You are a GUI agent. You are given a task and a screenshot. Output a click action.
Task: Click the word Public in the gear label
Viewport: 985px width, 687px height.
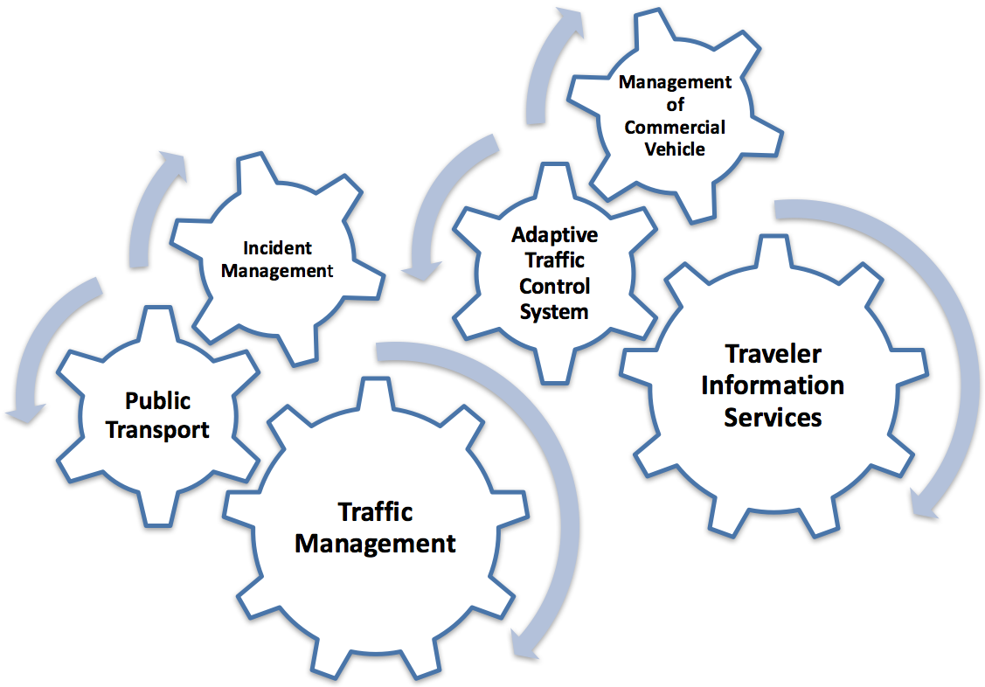point(157,401)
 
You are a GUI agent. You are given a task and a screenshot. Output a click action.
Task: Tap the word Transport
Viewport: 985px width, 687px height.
point(157,429)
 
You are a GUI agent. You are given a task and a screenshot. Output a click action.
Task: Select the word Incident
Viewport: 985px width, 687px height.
point(277,248)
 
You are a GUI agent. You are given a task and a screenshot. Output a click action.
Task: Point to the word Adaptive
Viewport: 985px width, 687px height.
point(554,234)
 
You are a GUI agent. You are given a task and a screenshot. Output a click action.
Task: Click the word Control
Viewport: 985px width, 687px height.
point(554,286)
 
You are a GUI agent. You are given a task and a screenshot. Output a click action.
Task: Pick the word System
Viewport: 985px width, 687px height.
point(554,311)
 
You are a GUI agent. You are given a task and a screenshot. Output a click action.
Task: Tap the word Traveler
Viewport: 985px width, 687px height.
point(773,353)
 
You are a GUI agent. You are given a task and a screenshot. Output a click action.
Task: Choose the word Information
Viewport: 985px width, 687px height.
point(773,385)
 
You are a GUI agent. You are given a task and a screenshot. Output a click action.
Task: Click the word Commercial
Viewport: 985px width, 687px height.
point(675,127)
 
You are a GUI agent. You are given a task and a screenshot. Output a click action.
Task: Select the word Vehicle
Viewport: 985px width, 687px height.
point(675,149)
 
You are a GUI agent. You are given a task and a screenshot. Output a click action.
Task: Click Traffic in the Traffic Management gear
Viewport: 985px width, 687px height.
point(375,511)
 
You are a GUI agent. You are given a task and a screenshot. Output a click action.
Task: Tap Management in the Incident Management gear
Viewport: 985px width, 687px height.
point(277,271)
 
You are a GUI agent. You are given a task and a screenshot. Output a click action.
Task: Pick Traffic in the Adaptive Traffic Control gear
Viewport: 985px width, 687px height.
point(554,260)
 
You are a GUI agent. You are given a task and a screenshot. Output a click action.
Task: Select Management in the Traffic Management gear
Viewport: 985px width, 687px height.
point(375,543)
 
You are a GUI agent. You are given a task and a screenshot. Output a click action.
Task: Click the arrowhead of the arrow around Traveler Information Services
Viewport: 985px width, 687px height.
point(924,507)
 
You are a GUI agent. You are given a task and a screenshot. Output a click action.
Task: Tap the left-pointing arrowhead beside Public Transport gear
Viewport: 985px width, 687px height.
point(21,411)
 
